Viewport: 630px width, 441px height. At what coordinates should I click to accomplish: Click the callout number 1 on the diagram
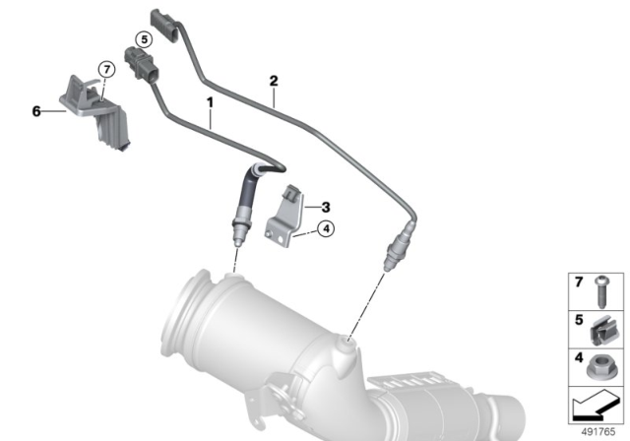(x=210, y=102)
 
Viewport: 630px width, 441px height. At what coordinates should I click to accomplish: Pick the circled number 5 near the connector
(x=143, y=39)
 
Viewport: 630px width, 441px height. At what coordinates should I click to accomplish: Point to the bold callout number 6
(x=36, y=112)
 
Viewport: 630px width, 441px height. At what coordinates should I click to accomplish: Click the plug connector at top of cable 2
(x=163, y=22)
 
